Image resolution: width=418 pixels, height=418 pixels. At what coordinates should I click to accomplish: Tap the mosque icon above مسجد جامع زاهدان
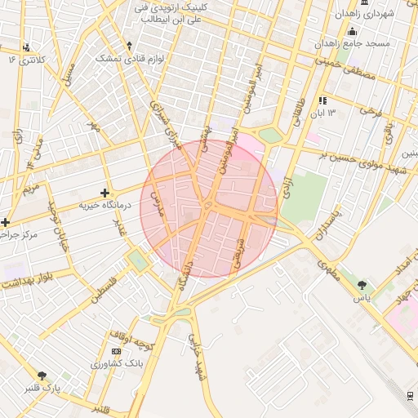352,31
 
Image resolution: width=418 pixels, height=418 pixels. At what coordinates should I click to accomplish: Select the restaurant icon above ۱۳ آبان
322,100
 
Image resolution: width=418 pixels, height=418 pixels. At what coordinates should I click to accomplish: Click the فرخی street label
371,109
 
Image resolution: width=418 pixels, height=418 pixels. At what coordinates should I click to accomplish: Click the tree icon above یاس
362,285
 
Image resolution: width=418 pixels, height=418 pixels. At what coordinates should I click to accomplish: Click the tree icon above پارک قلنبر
42,376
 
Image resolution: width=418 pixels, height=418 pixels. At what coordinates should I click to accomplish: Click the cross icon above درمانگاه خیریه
104,192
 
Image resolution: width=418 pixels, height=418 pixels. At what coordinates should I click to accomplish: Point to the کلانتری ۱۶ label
23,60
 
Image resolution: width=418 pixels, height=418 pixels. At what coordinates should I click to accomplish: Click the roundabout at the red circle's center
209,206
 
